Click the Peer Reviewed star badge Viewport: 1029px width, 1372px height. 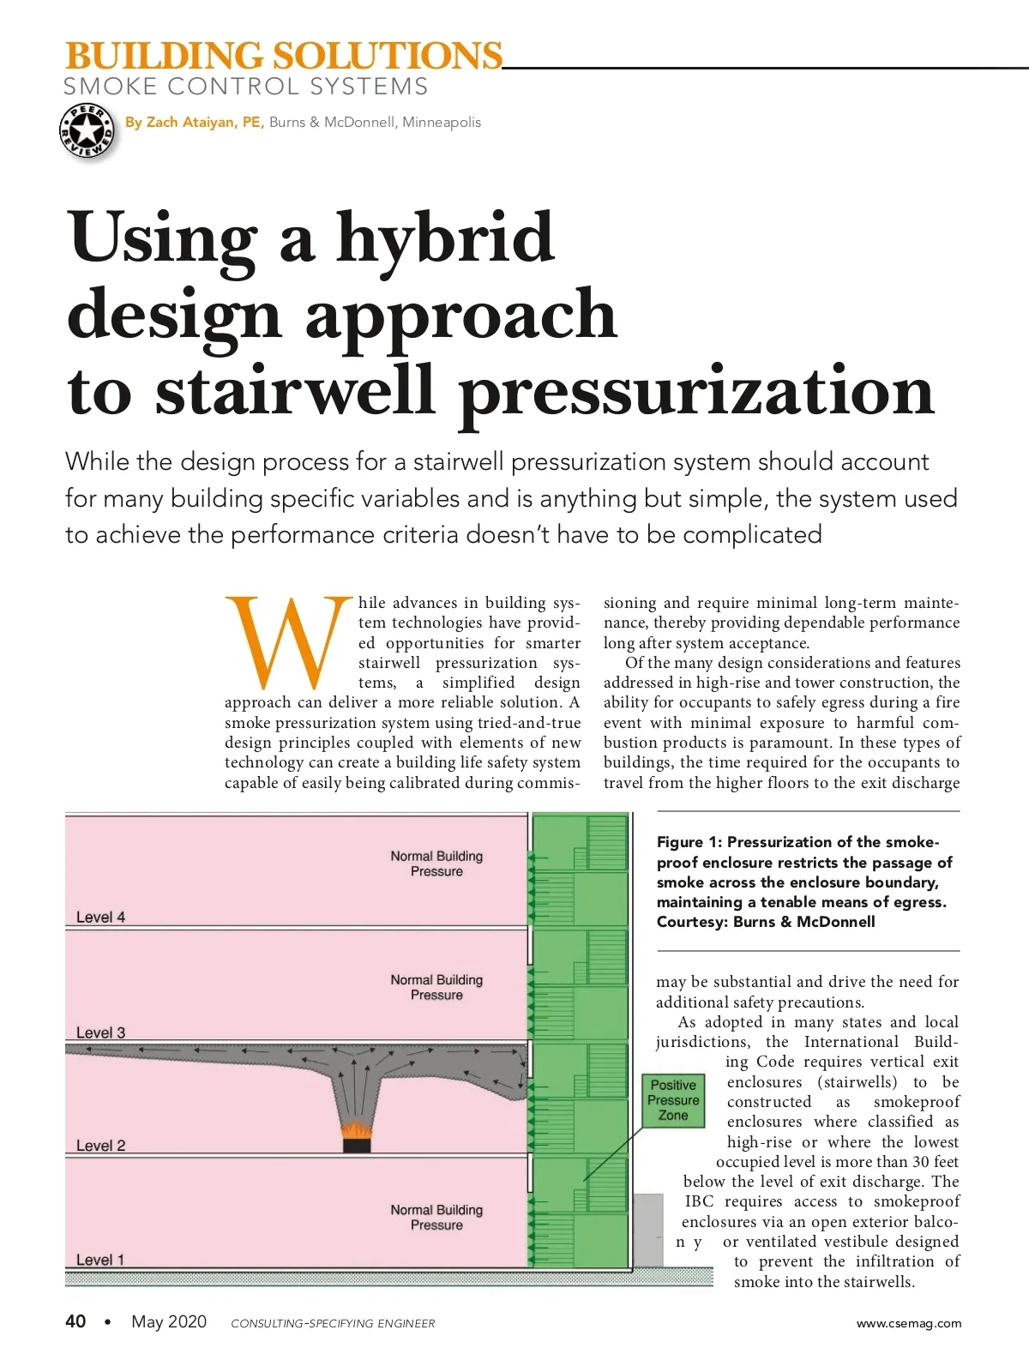(87, 131)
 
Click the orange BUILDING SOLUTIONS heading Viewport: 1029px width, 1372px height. (283, 57)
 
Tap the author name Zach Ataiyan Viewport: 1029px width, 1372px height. (194, 123)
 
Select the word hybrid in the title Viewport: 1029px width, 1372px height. (445, 238)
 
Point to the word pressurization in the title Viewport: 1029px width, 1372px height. (695, 392)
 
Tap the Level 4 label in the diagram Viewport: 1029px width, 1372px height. (100, 918)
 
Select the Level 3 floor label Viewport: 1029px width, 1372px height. (100, 1033)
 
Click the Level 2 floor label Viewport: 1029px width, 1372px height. (100, 1146)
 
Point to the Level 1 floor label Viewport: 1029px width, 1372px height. (100, 1260)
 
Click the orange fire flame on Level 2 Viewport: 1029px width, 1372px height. (357, 1131)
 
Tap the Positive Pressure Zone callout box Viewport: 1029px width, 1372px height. (673, 1100)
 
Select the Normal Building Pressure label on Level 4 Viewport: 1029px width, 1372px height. (436, 864)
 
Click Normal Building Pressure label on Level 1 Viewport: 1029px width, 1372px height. (436, 1218)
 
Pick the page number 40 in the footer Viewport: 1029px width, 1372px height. (75, 1321)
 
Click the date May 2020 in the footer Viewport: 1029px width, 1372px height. (169, 1321)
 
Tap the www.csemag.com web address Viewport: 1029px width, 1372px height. (909, 1323)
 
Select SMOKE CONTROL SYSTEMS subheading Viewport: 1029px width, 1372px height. (245, 87)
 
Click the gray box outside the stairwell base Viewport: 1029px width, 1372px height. (648, 1230)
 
